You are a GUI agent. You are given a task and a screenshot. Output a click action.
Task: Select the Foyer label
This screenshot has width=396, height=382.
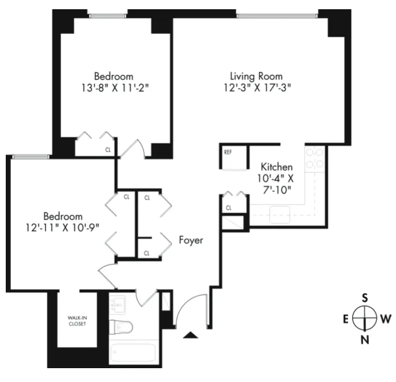pyautogui.click(x=190, y=240)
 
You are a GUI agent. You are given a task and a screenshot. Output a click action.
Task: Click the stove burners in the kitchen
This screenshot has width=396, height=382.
pyautogui.click(x=315, y=158)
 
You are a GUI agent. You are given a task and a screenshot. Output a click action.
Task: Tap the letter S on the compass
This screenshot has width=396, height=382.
pyautogui.click(x=364, y=298)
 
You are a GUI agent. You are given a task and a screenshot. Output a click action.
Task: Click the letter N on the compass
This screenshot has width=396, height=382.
pyautogui.click(x=364, y=339)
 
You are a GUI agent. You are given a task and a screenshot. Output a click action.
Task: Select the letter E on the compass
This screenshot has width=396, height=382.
pyautogui.click(x=346, y=319)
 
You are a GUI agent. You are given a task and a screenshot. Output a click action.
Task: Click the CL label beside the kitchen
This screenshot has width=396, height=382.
pyautogui.click(x=229, y=207)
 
